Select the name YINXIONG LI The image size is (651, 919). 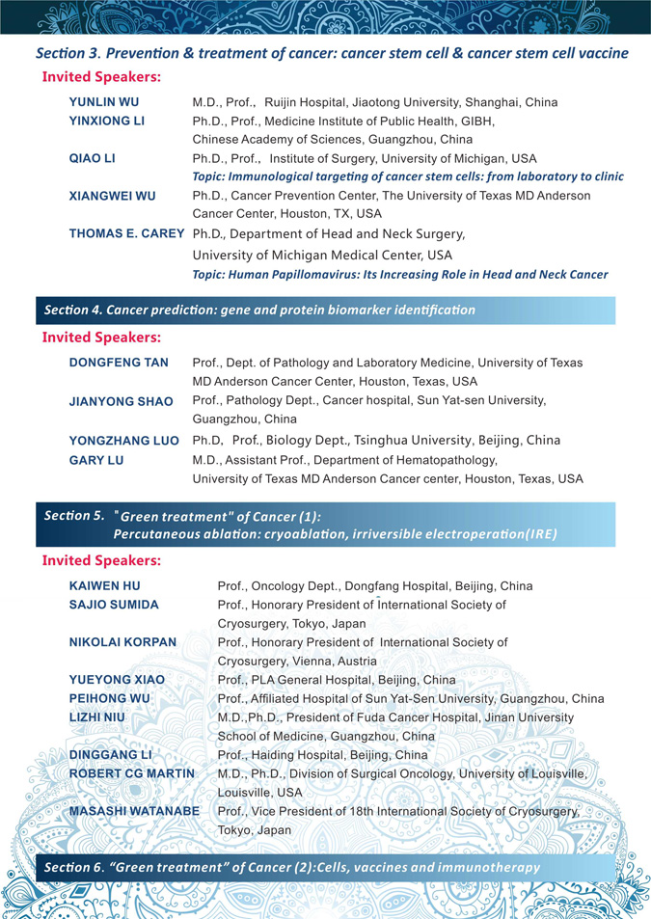106,121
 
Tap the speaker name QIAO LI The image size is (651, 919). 93,158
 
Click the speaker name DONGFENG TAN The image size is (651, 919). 119,363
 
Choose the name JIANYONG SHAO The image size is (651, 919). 121,401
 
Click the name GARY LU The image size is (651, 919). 96,460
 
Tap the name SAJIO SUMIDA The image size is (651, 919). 114,605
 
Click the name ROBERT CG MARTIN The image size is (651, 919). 131,773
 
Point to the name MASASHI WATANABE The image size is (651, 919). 134,812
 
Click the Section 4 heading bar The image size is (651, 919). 260,310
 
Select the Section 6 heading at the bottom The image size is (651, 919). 292,867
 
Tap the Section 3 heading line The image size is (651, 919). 332,53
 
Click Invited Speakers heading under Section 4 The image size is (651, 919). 101,338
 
